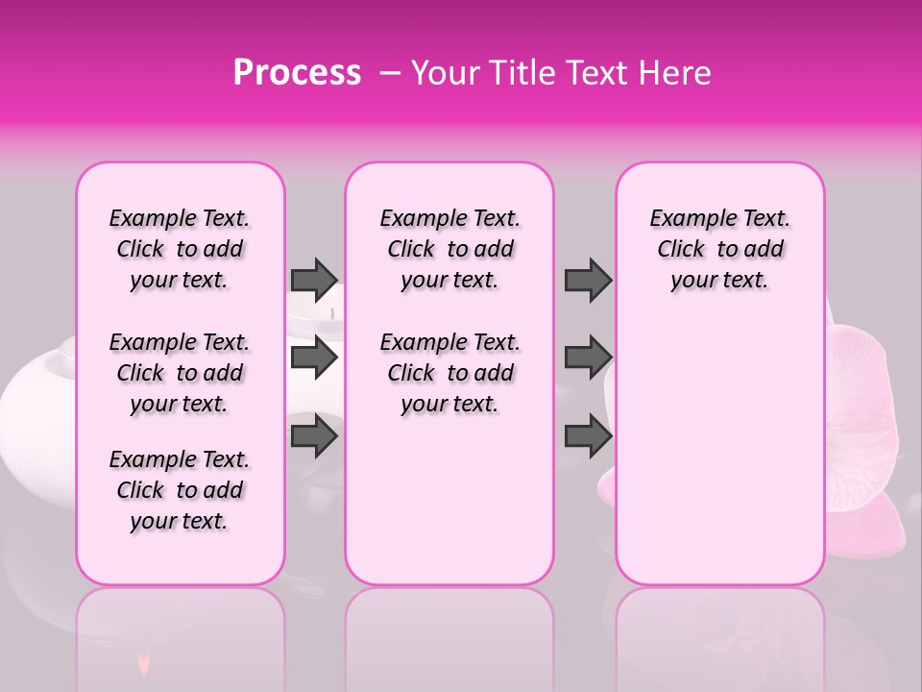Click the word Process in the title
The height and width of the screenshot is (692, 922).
[297, 73]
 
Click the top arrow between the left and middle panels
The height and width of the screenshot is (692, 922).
[314, 279]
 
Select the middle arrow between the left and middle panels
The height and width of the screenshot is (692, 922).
[314, 358]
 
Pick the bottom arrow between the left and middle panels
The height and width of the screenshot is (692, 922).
[314, 435]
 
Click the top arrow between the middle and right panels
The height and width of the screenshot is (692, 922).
[587, 279]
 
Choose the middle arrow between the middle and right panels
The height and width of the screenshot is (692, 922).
[587, 358]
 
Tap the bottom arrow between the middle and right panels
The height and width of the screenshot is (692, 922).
[587, 435]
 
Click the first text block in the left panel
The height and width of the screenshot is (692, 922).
[180, 249]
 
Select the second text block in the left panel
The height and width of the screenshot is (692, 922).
[180, 373]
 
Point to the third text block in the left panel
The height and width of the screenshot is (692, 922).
[180, 490]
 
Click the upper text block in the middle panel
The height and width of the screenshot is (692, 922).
[449, 249]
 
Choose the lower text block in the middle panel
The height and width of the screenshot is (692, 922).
[449, 373]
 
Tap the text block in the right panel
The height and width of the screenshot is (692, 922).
[720, 249]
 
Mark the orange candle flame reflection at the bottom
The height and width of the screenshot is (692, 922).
[144, 662]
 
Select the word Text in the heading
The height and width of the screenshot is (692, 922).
[597, 73]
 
